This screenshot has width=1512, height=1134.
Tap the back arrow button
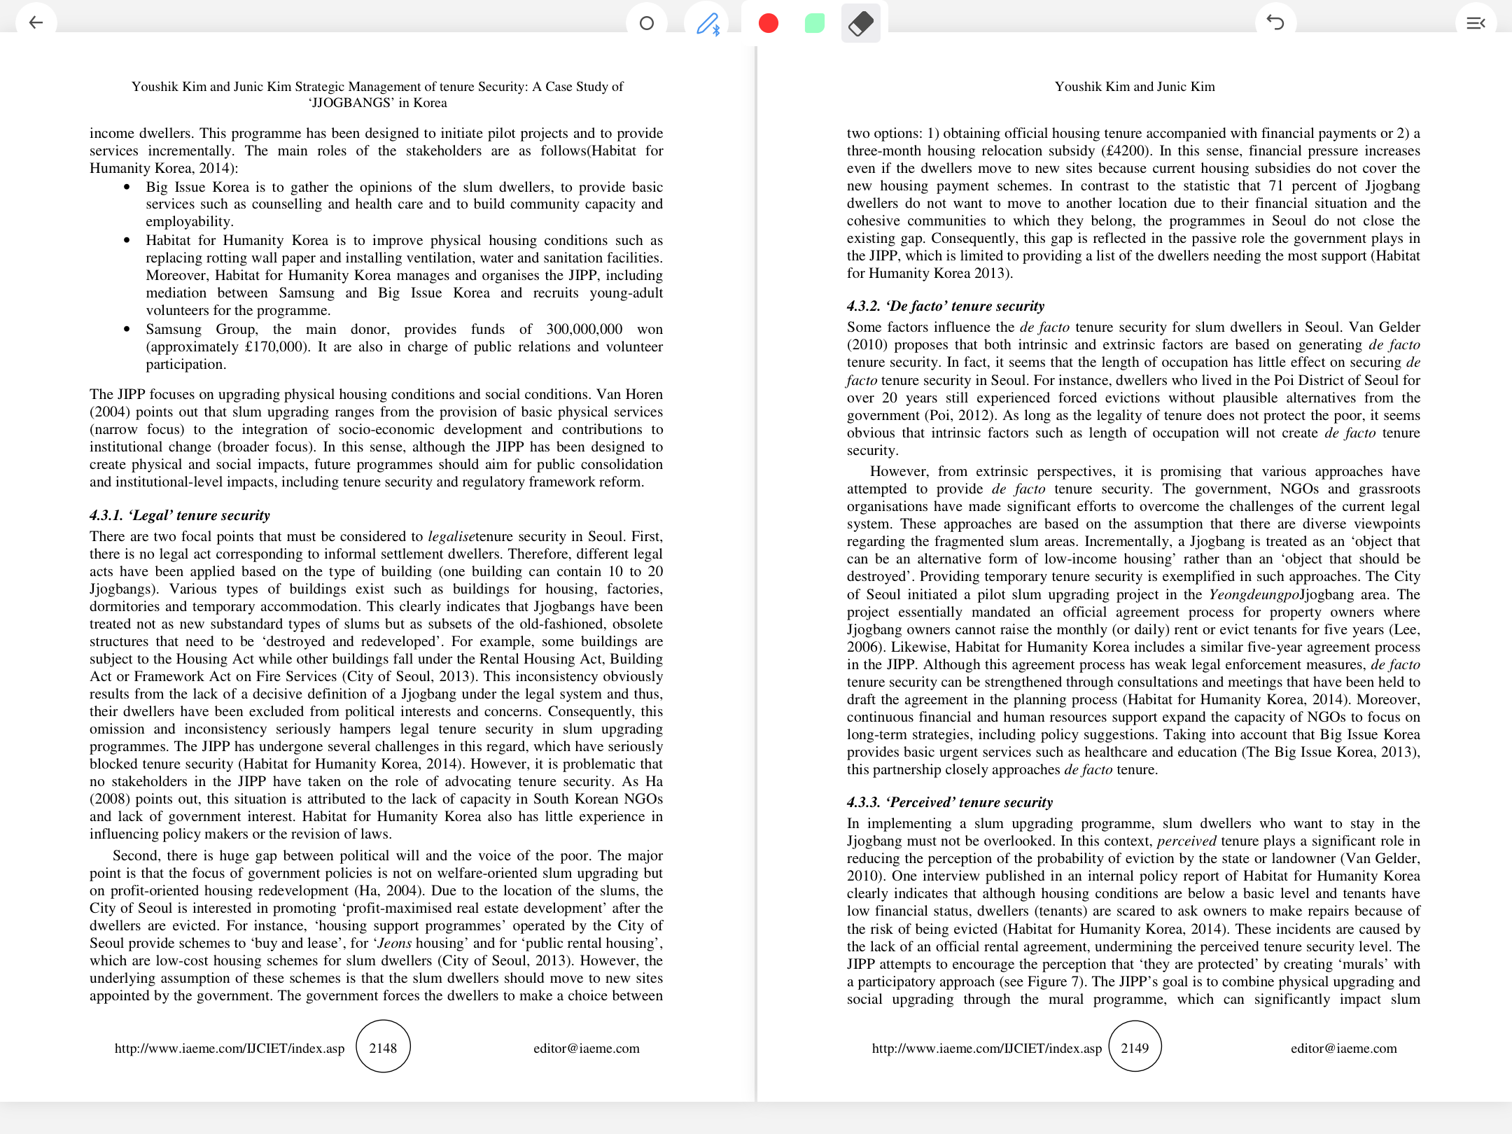pos(36,23)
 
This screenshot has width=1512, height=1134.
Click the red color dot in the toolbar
pos(768,23)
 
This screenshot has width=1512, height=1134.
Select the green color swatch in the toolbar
pos(814,23)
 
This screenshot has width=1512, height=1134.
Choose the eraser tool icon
pos(860,23)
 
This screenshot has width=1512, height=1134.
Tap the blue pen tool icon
pos(708,24)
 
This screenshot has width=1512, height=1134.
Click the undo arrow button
pos(1275,23)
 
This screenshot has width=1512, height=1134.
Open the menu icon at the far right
pos(1475,23)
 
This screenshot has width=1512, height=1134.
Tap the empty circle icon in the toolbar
pos(647,23)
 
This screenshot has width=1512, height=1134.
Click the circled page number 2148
pos(383,1047)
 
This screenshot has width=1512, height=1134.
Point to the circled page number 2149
pos(1135,1047)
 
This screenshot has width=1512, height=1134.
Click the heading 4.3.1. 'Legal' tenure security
pos(180,515)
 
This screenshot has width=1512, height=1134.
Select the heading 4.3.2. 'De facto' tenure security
pos(945,306)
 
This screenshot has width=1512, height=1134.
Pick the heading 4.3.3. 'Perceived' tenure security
pos(949,802)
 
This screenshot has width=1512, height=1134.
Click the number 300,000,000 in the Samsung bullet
pos(584,329)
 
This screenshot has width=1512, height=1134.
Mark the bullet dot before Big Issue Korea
pos(127,187)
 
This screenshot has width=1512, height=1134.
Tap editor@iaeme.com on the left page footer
pos(586,1048)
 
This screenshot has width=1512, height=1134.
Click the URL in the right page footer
pos(986,1048)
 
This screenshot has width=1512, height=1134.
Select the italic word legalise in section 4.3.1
pos(451,536)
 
